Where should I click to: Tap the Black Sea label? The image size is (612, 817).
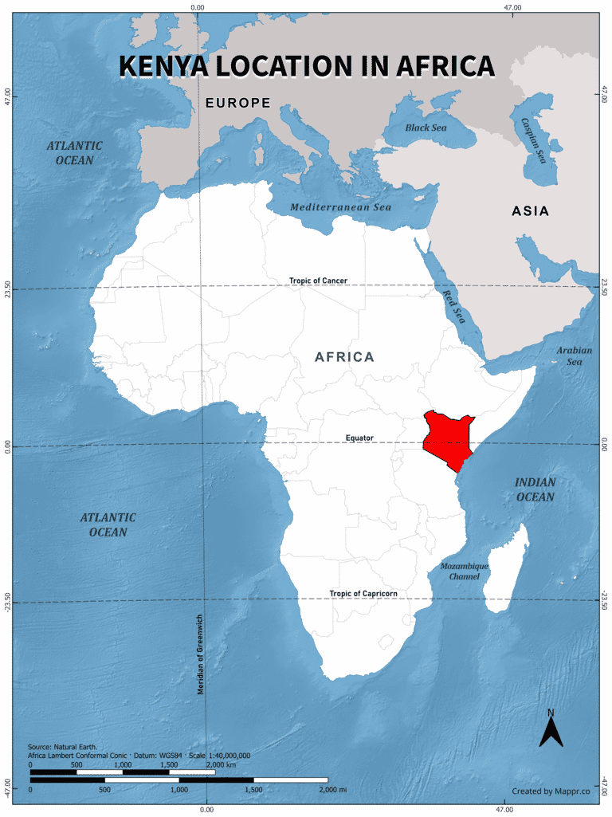tap(426, 128)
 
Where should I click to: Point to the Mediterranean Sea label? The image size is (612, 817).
tap(340, 206)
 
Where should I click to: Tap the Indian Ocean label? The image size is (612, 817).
tap(534, 489)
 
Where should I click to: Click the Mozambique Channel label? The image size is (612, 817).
tap(464, 571)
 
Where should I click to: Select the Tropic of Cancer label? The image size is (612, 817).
tap(318, 281)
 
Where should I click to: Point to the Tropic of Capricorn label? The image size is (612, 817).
tap(363, 594)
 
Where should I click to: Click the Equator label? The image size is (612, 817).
tap(359, 438)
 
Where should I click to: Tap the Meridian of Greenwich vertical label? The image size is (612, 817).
tap(201, 654)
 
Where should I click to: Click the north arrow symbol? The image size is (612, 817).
tap(551, 728)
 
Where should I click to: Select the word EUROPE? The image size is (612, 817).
tap(237, 103)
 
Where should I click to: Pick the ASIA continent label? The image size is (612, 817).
tap(530, 211)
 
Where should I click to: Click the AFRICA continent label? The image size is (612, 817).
tap(344, 356)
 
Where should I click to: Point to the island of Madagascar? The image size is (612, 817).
tap(507, 570)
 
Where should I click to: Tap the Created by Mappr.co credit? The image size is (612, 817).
tap(550, 791)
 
